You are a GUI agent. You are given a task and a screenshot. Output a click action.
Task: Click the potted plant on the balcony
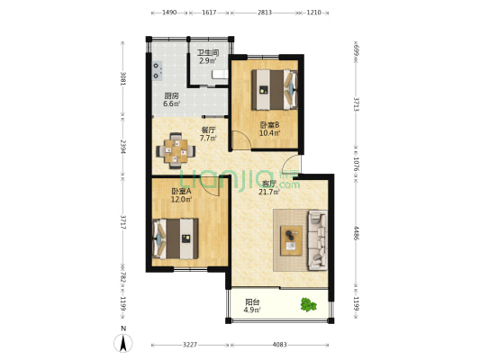pos(308,305)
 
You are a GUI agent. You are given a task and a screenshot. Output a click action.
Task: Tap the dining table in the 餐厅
pos(176,151)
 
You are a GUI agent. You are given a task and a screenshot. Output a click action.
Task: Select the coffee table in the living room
pos(292,240)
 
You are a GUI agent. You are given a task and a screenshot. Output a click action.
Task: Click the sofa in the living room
pos(318,240)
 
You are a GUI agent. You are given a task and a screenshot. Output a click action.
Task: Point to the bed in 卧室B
pos(275,90)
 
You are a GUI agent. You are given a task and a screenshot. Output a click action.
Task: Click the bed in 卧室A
pos(175,238)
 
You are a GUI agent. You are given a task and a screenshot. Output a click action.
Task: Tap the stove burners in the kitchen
pos(158,71)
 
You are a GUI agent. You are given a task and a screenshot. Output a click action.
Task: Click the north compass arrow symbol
pos(123,343)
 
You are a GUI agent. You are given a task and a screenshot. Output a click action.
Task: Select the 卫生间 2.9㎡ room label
pos(208,57)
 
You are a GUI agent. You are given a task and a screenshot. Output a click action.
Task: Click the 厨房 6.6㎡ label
pos(171,100)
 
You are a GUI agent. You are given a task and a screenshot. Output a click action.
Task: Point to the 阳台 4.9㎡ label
pos(252,306)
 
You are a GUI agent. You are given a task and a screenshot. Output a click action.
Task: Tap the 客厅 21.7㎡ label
pos(269,188)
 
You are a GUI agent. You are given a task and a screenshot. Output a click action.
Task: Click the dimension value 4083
pos(279,345)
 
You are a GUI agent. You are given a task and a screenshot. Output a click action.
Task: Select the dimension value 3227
pos(190,345)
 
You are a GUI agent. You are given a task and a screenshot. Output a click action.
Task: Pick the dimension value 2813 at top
pos(264,13)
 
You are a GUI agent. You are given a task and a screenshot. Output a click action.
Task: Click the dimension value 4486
pos(357,233)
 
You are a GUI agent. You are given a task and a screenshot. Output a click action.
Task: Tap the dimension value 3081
pos(123,78)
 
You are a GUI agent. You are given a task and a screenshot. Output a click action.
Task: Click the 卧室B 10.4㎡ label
pos(269,129)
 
